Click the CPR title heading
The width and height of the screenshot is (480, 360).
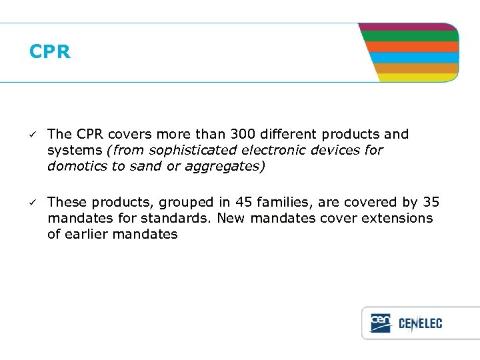point(50,52)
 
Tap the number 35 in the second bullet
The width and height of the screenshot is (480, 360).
point(431,202)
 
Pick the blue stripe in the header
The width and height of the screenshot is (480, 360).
point(413,57)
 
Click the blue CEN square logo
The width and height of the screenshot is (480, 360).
point(381,323)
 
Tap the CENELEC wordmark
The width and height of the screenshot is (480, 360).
point(420,324)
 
